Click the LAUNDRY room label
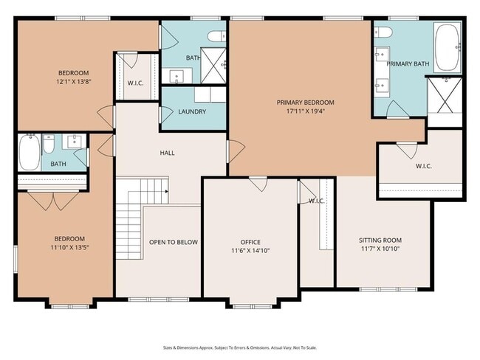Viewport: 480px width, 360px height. coord(192,111)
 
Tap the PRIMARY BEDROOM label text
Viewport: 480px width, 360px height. coord(305,103)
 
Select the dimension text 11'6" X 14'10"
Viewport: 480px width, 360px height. coord(250,251)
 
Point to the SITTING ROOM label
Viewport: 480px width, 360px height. coord(380,240)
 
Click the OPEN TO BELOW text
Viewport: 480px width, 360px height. coord(174,242)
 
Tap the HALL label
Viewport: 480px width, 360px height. coord(167,153)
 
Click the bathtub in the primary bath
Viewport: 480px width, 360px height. coord(447,47)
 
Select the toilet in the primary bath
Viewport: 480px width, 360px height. coord(383,32)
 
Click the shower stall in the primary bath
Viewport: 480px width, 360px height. coord(445,95)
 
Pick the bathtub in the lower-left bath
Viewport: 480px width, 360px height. coord(30,152)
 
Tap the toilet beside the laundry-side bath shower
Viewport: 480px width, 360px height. coord(216,36)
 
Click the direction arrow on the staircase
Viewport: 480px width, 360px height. coord(167,192)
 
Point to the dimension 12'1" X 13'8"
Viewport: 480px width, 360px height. coord(74,82)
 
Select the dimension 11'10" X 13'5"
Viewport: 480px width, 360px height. coord(69,247)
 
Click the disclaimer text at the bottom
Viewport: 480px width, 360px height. coord(240,347)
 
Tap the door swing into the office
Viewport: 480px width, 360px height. coord(258,184)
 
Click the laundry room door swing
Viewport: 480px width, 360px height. coord(166,114)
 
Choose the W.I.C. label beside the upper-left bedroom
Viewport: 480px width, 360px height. coord(135,83)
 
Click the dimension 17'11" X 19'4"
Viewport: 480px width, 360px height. coord(305,111)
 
